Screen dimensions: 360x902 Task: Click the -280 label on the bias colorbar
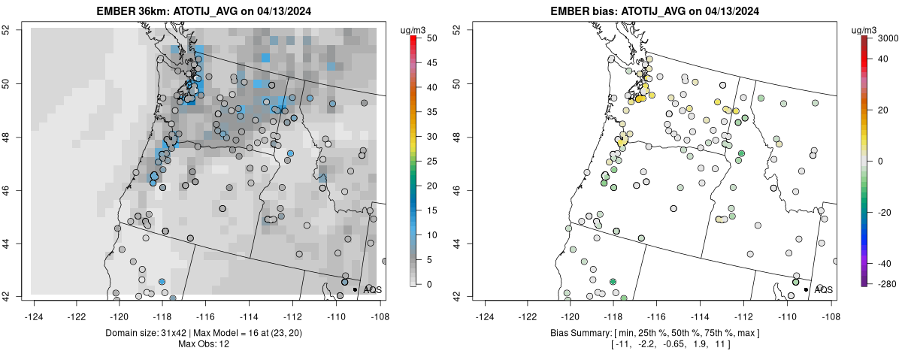(885, 283)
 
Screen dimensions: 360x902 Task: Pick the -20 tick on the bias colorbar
(885, 212)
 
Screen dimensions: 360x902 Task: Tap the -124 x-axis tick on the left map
(35, 307)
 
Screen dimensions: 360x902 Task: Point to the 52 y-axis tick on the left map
(15, 29)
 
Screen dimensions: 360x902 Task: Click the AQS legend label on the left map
(372, 289)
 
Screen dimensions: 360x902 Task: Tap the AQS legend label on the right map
(823, 289)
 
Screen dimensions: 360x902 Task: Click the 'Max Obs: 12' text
(204, 344)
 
